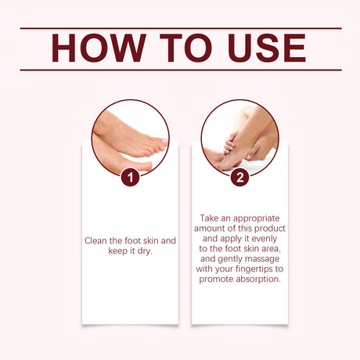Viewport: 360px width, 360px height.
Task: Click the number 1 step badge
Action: coord(130,178)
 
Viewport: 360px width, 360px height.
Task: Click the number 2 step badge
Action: coord(239,178)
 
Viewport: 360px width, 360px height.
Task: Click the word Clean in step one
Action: coord(98,240)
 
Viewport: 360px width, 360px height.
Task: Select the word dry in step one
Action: coord(145,251)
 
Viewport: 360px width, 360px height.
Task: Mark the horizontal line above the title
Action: coord(180,28)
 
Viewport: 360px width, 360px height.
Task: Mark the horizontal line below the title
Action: coord(180,70)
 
